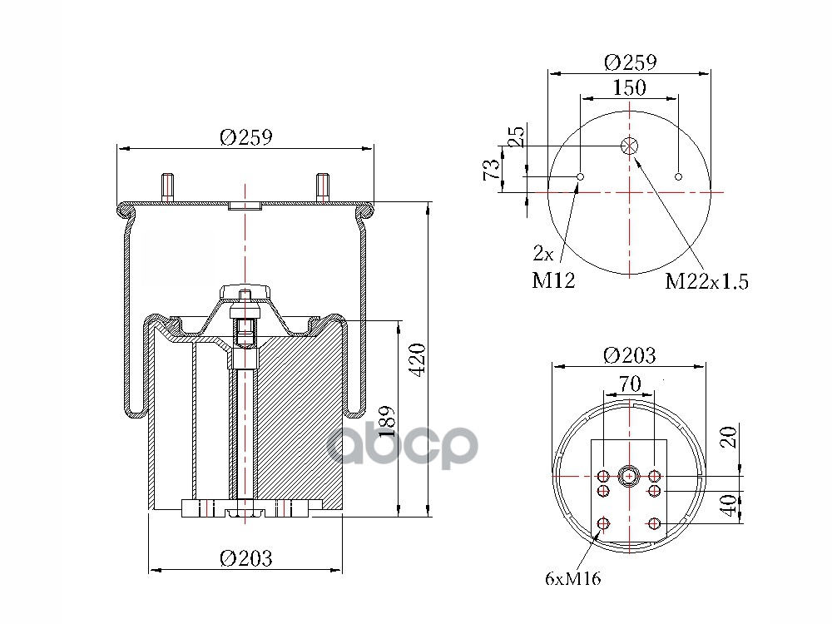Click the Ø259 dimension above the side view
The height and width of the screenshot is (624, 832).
coord(246,137)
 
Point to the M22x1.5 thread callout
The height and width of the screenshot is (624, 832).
coord(707,281)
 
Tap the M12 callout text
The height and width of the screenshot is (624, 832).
coord(553,280)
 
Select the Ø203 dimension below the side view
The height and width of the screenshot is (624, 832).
coord(245,558)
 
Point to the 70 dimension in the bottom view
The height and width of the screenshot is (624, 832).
coord(629,384)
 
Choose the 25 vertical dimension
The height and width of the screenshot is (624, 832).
coord(516,136)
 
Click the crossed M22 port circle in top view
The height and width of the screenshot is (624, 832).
coord(629,146)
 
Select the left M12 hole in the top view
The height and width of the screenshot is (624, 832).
coord(581,176)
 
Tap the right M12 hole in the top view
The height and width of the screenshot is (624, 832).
coord(679,176)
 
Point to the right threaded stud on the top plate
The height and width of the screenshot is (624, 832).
coord(322,187)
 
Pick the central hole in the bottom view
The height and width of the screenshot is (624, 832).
coord(629,476)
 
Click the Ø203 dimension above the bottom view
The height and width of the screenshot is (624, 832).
coord(629,355)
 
